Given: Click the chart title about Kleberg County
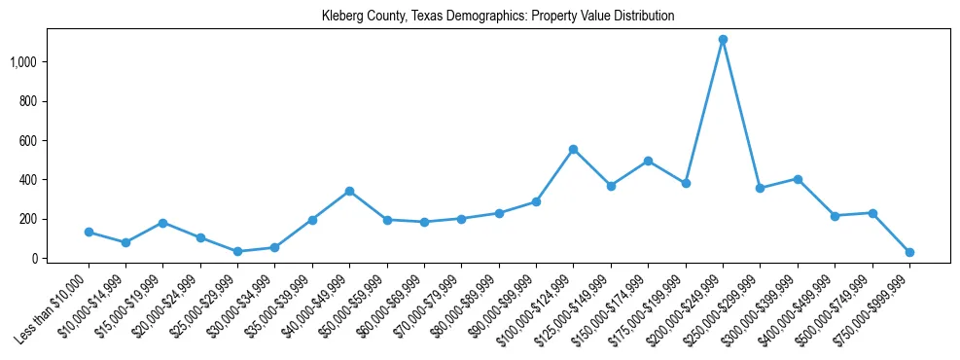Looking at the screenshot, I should tap(498, 16).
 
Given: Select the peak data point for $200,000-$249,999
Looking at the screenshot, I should tap(723, 40).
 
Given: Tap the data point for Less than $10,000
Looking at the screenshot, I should tap(89, 232).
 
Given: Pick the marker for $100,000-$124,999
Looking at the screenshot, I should tap(573, 149).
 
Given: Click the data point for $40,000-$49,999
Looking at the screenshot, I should tap(349, 191).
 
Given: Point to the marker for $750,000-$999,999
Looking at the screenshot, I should tap(909, 252).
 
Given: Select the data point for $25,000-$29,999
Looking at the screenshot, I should tap(237, 251).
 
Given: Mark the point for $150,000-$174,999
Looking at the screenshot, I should tap(648, 161).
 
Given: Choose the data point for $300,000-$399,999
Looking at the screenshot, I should tap(798, 179).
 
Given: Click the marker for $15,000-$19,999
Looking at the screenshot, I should tap(163, 223).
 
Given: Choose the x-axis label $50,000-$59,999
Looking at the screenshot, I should tap(352, 307).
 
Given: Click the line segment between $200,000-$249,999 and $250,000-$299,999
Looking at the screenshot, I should tap(741, 114).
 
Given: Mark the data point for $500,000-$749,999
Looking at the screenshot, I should tap(872, 213).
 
